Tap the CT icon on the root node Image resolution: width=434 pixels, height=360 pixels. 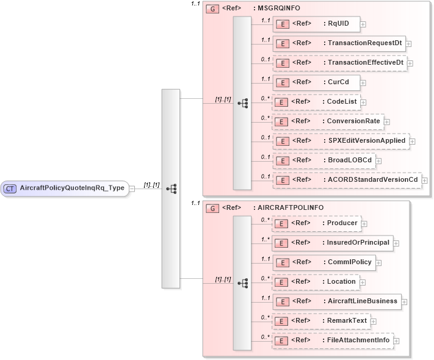pyautogui.click(x=10, y=188)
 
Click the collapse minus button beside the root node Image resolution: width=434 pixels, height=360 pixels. pyautogui.click(x=132, y=188)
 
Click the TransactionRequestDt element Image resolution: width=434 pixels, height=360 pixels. pyautogui.click(x=338, y=43)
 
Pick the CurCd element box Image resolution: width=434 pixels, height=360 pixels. pyautogui.click(x=315, y=82)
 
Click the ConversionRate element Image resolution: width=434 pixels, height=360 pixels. pyautogui.click(x=327, y=121)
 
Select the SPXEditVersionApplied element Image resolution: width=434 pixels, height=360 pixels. pyautogui.click(x=340, y=141)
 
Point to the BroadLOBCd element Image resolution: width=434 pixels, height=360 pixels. pyautogui.click(x=324, y=160)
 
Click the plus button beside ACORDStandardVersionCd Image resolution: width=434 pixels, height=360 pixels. pyautogui.click(x=425, y=181)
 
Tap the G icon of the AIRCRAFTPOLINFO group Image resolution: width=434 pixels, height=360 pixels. pyautogui.click(x=213, y=208)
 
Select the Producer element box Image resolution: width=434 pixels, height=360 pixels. pyautogui.click(x=316, y=223)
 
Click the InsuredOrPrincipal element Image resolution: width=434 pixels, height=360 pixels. pyautogui.click(x=331, y=243)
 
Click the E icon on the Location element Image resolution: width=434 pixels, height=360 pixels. pyautogui.click(x=282, y=282)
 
